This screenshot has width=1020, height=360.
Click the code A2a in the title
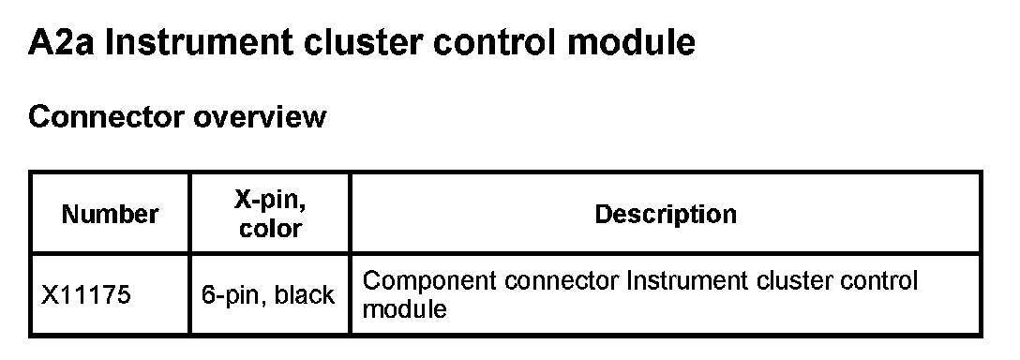coord(61,42)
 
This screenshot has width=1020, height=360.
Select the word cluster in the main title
coord(362,42)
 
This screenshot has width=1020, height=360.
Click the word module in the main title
coord(631,42)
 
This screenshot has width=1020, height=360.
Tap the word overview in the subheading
coord(261,117)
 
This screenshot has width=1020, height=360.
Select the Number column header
coord(110,214)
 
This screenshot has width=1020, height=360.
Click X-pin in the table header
coord(270,200)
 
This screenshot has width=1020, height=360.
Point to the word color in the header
coord(270,229)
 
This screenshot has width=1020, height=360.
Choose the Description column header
coord(666,214)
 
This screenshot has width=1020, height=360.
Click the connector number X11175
coord(86,295)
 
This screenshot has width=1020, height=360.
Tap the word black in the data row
coord(305,295)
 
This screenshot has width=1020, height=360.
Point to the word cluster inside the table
coord(794,280)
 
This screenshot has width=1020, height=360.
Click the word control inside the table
coord(878,280)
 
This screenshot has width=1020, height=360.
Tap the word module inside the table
coord(404,308)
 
